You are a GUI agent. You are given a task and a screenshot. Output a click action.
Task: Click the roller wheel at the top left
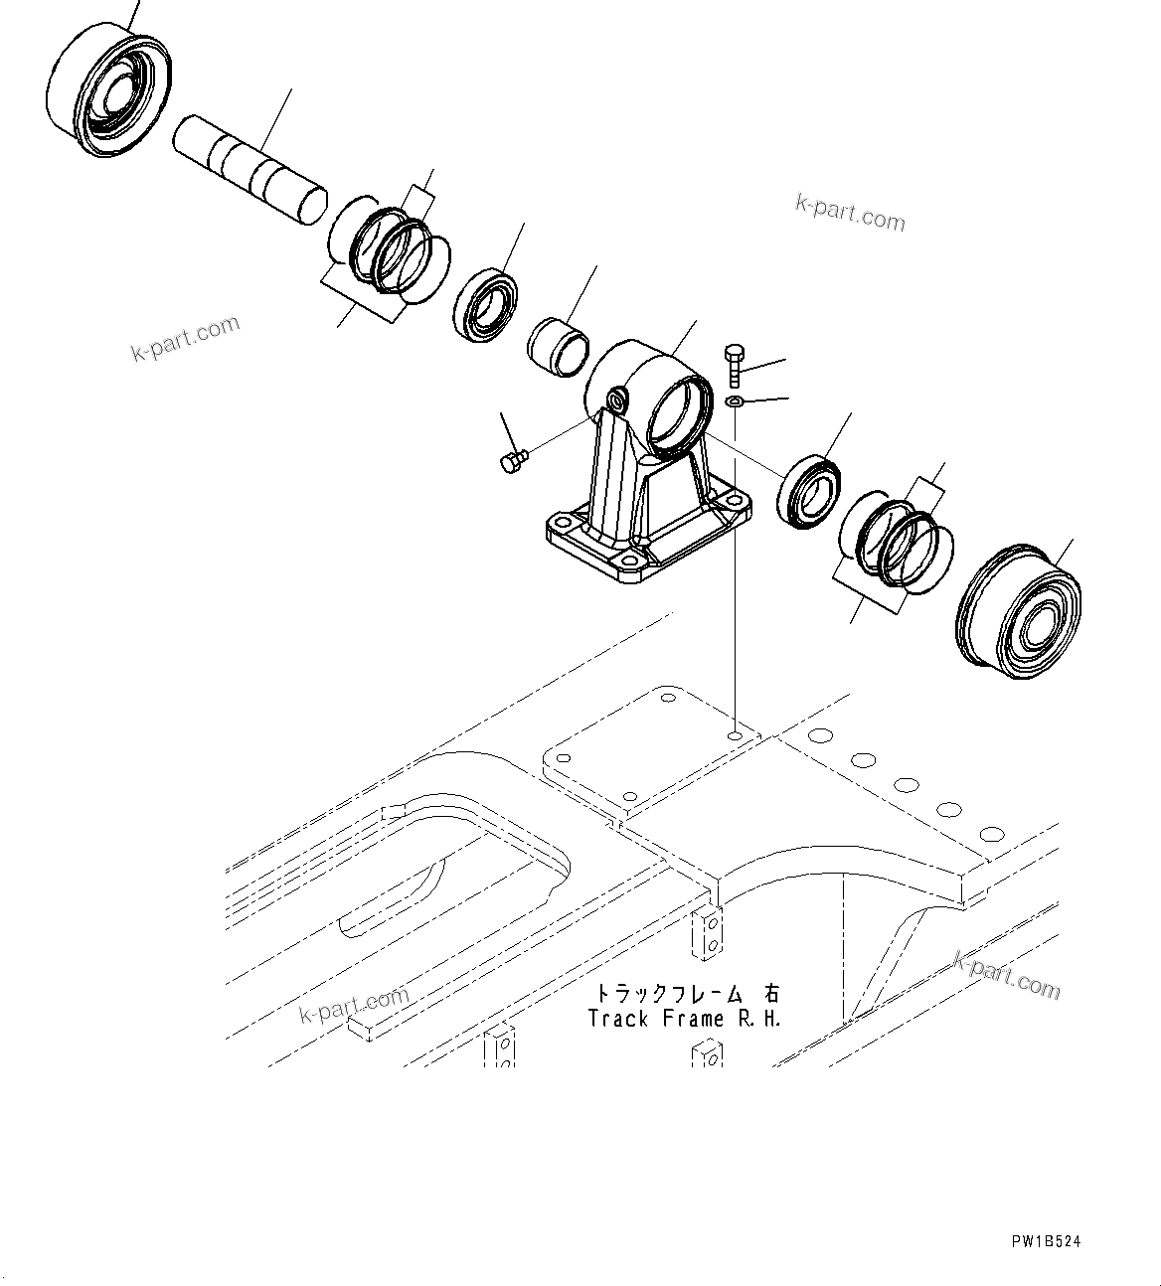(x=109, y=91)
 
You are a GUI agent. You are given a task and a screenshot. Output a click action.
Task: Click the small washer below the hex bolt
(x=734, y=402)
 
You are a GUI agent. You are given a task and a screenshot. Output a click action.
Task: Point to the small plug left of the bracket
(x=513, y=461)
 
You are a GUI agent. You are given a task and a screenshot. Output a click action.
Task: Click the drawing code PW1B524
(x=1046, y=1241)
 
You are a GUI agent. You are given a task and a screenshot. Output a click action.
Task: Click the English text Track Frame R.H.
(x=685, y=1019)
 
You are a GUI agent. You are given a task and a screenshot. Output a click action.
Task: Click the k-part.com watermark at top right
(x=851, y=212)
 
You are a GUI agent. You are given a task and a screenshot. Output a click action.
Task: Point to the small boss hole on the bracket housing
(x=618, y=400)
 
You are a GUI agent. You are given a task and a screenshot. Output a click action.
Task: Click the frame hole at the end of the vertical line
(x=734, y=737)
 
